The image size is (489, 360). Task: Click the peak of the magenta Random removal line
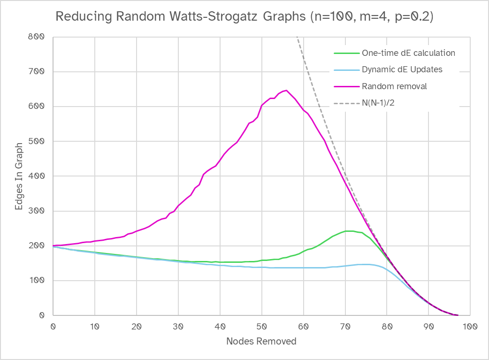coord(286,91)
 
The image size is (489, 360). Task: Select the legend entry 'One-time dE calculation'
coord(408,53)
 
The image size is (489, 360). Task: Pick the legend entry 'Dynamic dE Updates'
coord(402,69)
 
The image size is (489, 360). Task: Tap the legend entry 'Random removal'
coord(394,86)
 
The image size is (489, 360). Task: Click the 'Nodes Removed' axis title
coord(261,341)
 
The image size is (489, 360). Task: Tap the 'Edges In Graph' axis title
coord(18,176)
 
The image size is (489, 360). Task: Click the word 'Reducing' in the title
coord(77,16)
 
